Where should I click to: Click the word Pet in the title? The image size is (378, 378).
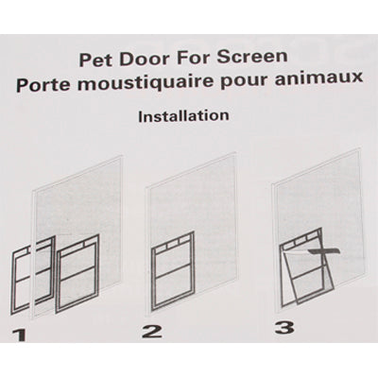pos(103,60)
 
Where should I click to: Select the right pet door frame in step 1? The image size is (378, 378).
pos(77,279)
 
